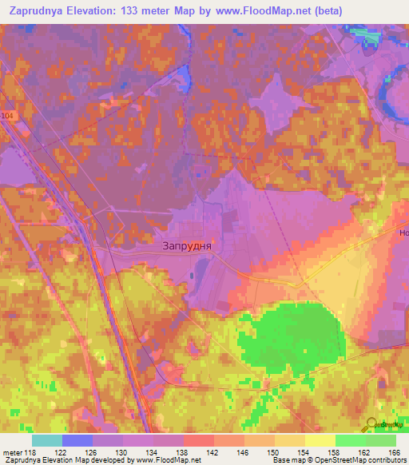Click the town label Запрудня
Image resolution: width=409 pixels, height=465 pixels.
(187, 247)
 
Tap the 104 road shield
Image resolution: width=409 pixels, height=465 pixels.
(29, 115)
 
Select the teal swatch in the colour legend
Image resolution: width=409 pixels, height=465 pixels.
(47, 440)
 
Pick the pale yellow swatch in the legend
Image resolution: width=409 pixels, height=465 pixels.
(320, 440)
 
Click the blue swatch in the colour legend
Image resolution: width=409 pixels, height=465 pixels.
(77, 440)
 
